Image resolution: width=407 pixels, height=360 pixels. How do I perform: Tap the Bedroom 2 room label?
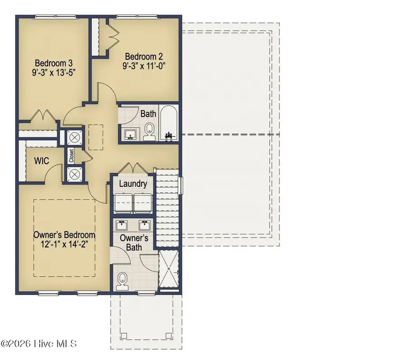tap(144, 57)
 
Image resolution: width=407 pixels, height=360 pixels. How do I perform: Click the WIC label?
tap(43, 161)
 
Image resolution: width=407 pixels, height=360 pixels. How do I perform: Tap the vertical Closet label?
tap(71, 156)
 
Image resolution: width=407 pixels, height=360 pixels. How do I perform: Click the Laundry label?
tap(133, 184)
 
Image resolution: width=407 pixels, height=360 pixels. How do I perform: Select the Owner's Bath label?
tap(131, 242)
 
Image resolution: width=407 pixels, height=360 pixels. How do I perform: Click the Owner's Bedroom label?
tap(64, 235)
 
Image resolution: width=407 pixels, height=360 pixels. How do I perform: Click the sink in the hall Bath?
tap(131, 134)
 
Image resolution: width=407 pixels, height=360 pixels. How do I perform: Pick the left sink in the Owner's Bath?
tap(122, 224)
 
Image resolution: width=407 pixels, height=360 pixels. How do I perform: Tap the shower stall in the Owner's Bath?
tap(168, 270)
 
